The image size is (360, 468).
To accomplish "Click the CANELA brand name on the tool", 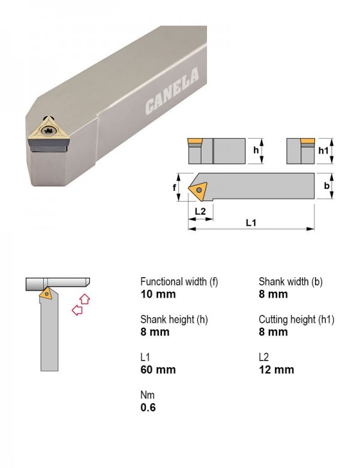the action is point(172,91).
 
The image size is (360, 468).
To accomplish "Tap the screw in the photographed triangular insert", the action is point(48,130).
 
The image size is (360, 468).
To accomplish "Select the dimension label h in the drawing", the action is point(256,150).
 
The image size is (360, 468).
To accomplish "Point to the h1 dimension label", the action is point(323,151).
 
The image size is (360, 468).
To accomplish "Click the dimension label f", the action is point(175,187).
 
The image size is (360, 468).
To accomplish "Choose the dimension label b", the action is point(327,185).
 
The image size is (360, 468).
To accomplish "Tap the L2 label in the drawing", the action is point(200,211).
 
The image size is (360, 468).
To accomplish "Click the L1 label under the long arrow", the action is point(251,223).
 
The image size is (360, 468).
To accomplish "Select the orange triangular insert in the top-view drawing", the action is point(198,190).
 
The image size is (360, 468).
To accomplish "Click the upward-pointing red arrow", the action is point(85,299).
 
